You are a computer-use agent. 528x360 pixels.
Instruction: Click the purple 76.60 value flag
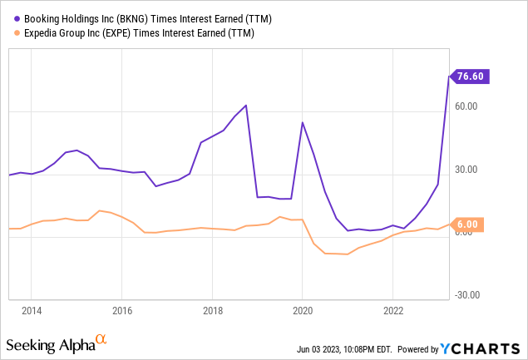point(470,76)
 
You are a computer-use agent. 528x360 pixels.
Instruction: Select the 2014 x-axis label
point(31,311)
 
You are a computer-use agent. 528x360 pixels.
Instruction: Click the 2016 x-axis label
point(121,311)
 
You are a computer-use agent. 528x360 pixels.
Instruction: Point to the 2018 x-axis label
point(212,311)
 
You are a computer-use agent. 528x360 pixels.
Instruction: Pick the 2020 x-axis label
point(303,311)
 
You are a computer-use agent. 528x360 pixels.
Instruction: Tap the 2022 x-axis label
point(393,311)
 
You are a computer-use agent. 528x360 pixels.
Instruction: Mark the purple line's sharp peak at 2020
point(302,123)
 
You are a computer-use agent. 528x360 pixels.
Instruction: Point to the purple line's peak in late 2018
point(246,106)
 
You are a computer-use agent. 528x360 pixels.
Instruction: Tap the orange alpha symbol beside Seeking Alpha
point(101,339)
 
